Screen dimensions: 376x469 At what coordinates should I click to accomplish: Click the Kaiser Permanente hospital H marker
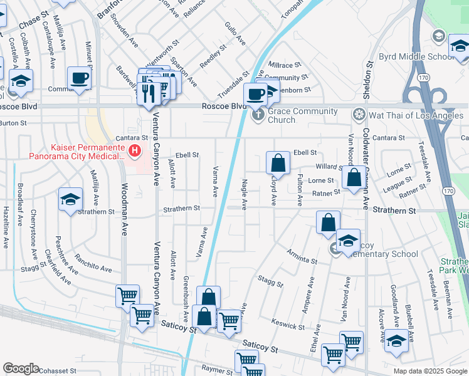coord(134,151)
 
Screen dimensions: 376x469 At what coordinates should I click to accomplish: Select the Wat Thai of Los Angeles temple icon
coord(359,115)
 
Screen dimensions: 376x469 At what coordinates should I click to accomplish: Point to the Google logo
coord(21,368)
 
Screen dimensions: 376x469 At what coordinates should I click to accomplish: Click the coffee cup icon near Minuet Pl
coord(80,78)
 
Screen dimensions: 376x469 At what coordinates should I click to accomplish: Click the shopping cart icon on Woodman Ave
coord(127,295)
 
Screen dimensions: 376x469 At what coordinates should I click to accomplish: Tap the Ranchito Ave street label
coord(93,263)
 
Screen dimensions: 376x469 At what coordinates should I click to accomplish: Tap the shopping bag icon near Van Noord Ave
coord(354,177)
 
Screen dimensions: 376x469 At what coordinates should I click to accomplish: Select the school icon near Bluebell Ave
coord(396,341)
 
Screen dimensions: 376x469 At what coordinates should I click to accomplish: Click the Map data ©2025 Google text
coord(430,371)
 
